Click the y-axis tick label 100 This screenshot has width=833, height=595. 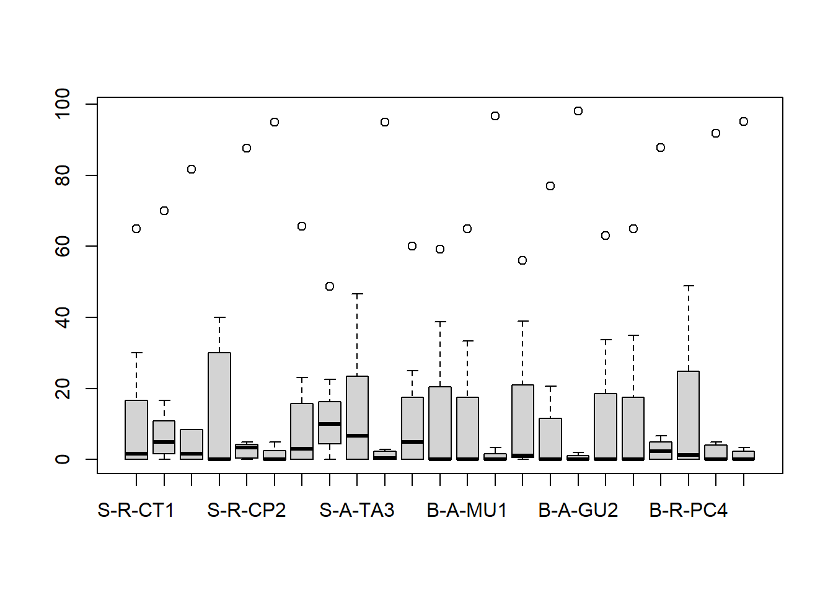[63, 104]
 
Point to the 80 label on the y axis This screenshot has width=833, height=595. [63, 175]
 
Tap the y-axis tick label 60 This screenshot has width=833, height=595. [63, 246]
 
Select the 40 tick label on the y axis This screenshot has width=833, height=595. [63, 317]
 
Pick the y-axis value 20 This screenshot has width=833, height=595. [63, 388]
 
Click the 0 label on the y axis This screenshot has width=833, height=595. [63, 459]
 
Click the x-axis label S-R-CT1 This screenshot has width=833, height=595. [136, 510]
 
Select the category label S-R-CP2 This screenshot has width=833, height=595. [247, 510]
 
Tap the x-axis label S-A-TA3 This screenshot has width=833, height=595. [357, 510]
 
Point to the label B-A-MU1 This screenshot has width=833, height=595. [467, 510]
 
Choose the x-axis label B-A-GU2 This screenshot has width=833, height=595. [578, 510]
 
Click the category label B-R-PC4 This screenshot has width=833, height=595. [689, 510]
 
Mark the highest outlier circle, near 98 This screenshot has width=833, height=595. [578, 111]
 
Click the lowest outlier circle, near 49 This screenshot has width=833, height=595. [330, 286]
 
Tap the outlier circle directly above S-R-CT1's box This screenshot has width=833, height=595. [136, 229]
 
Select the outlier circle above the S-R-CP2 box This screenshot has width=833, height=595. [247, 148]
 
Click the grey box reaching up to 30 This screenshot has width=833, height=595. [219, 406]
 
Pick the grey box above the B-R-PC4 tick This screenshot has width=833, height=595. [689, 415]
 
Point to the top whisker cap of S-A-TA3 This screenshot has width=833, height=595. [357, 294]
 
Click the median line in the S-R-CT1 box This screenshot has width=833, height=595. [136, 454]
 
